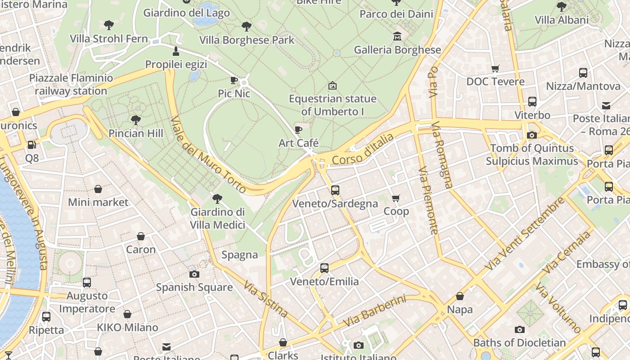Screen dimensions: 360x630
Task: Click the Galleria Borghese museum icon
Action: pos(397,36)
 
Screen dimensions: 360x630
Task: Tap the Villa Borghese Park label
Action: pos(247,40)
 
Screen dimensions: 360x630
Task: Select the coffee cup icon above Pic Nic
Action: pos(234,81)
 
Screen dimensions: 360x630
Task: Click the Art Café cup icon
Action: pos(298,130)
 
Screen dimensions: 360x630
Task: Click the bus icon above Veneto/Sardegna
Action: pos(335,190)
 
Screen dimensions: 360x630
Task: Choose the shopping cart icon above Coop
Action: pos(396,198)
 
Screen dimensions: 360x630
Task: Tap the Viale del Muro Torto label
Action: pos(209,155)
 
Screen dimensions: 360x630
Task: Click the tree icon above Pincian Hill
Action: pos(135,120)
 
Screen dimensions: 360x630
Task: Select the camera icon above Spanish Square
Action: pos(194,274)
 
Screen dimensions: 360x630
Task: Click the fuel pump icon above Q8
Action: pos(32,145)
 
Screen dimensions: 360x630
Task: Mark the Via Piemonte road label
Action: pos(428,200)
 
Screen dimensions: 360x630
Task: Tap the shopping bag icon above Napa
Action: pos(460,297)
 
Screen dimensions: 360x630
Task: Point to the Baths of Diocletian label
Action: pos(519,343)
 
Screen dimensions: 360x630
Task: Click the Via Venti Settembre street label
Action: pos(524,234)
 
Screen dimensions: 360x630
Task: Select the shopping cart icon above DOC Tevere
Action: pos(495,69)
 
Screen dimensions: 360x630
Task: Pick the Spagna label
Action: pos(240,255)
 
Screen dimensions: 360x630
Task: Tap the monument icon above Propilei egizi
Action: pos(176,51)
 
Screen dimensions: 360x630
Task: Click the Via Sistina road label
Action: pos(265,299)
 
